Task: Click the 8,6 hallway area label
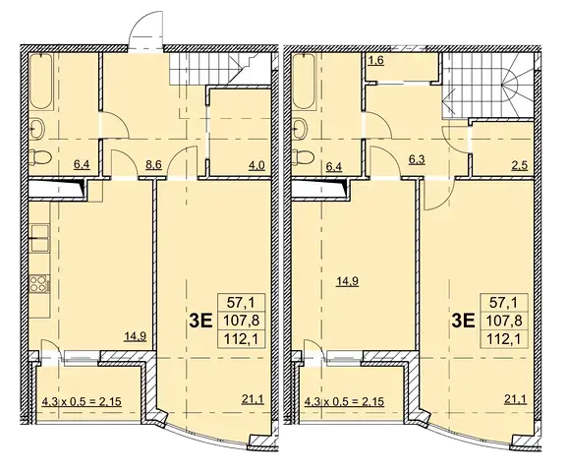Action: pyautogui.click(x=153, y=165)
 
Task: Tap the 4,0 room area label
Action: pyautogui.click(x=257, y=165)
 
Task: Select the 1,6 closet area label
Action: pyautogui.click(x=375, y=60)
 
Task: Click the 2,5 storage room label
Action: pyautogui.click(x=520, y=165)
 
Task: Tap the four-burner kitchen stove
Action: pyautogui.click(x=39, y=284)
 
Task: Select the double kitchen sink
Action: pyautogui.click(x=39, y=238)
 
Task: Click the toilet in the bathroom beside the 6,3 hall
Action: pyautogui.click(x=303, y=157)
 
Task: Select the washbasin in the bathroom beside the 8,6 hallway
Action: pyautogui.click(x=37, y=128)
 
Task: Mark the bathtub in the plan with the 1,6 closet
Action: pyautogui.click(x=304, y=82)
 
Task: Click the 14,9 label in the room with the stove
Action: pyautogui.click(x=136, y=337)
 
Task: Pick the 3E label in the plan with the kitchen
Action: pyautogui.click(x=200, y=321)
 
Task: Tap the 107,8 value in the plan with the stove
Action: pyautogui.click(x=242, y=320)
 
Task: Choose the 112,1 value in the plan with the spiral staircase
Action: pyautogui.click(x=505, y=339)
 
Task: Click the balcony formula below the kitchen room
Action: pyautogui.click(x=82, y=401)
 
